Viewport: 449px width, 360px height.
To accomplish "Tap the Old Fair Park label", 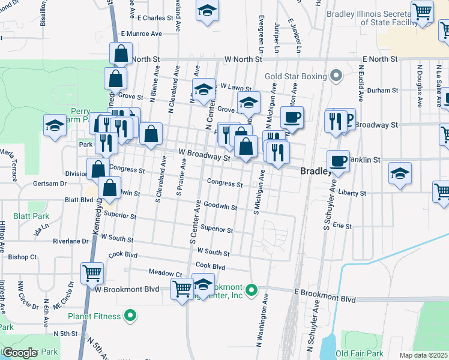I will click(360, 353).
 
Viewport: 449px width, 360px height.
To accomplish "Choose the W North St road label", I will click(243, 59).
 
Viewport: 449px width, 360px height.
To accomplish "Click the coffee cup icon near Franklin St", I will click(339, 161).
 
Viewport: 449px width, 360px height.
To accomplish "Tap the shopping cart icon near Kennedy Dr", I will click(92, 273).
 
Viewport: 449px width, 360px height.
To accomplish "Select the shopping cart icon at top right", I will click(423, 11).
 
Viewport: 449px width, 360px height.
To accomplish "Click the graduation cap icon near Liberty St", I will click(400, 173).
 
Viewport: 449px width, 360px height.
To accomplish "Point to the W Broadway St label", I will click(204, 155).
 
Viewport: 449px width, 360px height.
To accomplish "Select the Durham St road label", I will click(383, 90).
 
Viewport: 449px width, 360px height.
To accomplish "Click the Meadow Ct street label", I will click(157, 272).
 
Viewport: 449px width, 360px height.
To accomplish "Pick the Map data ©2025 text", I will click(424, 355).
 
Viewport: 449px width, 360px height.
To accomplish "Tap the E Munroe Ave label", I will click(142, 34).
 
